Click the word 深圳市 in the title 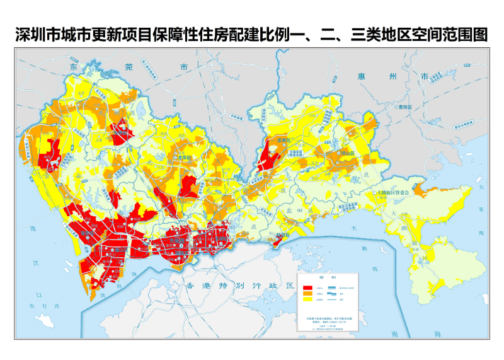pos(40,35)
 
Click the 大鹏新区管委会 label pos(394,192)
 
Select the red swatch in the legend pos(308,287)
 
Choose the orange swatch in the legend pos(308,294)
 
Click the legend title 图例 pos(327,277)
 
